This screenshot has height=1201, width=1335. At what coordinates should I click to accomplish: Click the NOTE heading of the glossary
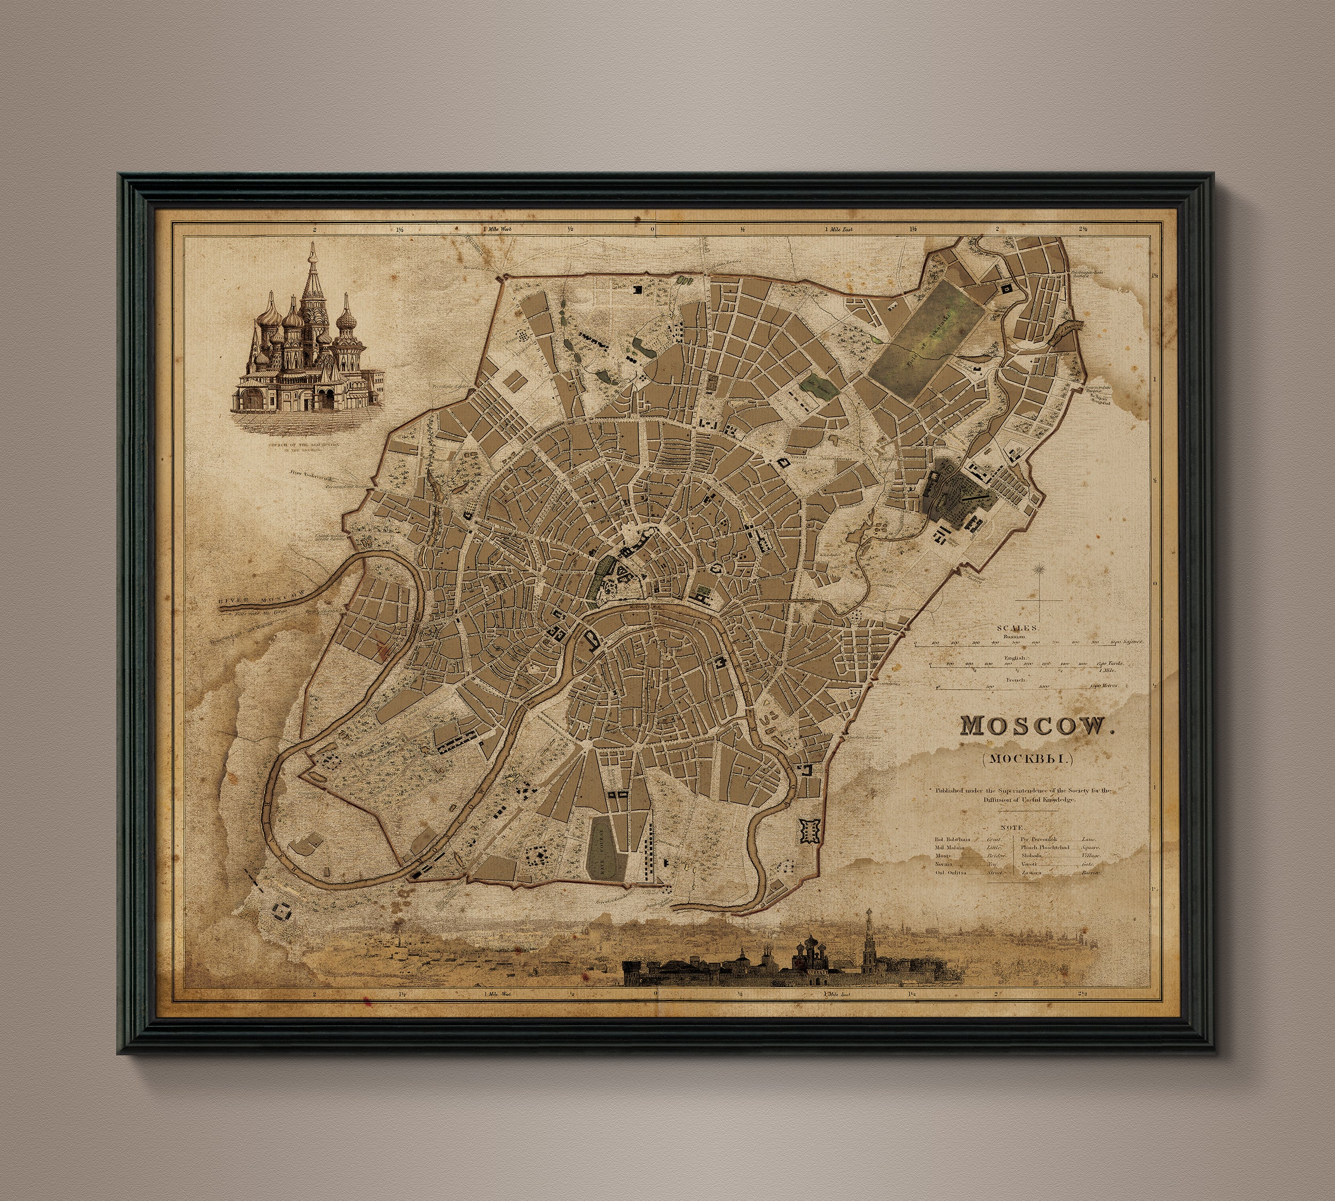pyautogui.click(x=1012, y=827)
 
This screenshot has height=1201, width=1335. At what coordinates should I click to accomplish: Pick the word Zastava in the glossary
pyautogui.click(x=1031, y=872)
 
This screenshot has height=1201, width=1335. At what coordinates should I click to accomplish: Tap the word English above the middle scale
pyautogui.click(x=1016, y=658)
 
